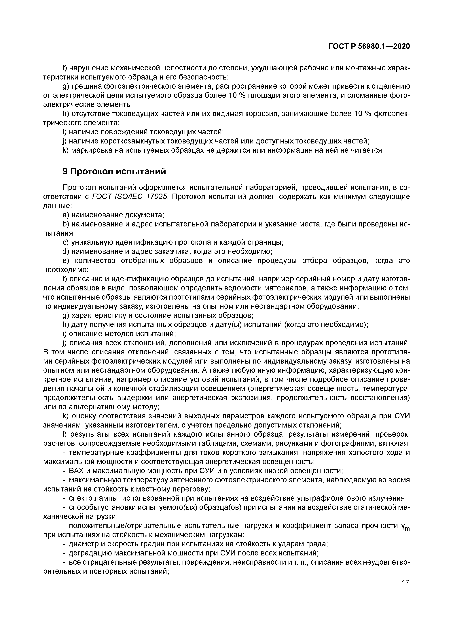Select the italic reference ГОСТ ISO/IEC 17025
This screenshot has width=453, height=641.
tap(130, 197)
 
